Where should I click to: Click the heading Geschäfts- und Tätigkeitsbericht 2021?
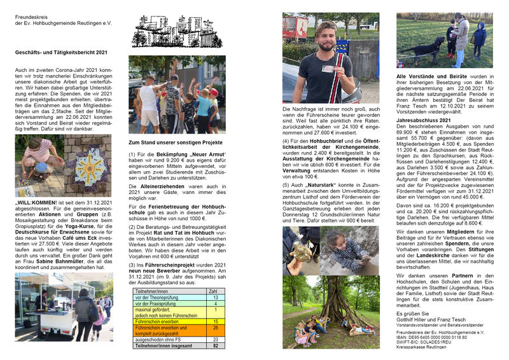[61, 53]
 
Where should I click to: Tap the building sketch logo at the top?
[177, 32]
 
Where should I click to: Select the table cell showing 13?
[216, 298]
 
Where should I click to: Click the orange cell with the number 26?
[216, 328]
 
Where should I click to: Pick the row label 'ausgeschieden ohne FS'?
[158, 340]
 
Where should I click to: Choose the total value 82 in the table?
[216, 346]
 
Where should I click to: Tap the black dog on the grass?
[440, 44]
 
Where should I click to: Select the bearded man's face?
[326, 37]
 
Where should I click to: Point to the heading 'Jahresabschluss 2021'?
[424, 120]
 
